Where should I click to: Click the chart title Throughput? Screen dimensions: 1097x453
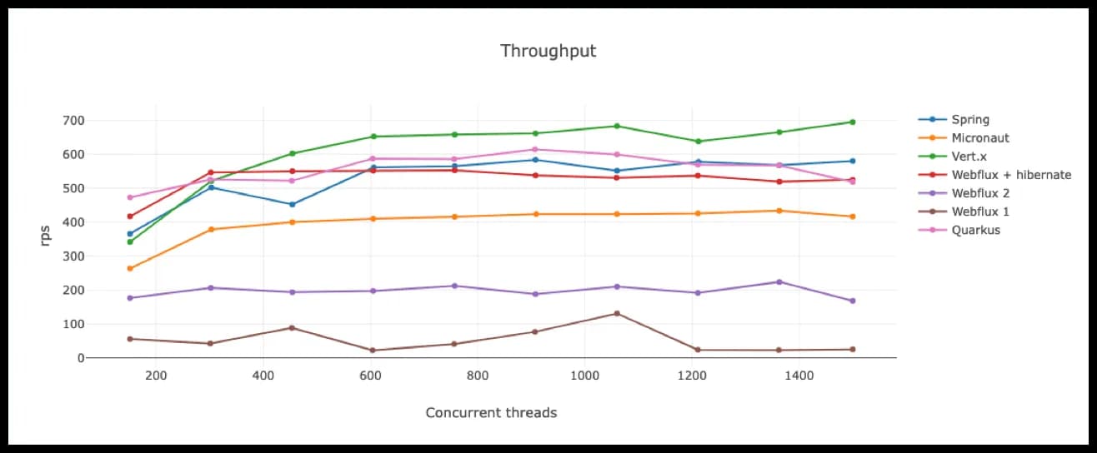coord(548,51)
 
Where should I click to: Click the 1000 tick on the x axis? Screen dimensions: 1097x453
coord(584,376)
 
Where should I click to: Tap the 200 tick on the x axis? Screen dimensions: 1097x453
coord(156,376)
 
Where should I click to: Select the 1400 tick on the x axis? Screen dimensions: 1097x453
coord(799,376)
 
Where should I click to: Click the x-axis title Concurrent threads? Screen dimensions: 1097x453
coord(491,413)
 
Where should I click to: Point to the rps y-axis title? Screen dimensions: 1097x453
coord(45,236)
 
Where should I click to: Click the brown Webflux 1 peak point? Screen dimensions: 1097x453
coord(617,314)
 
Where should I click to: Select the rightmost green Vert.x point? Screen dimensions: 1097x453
coord(853,122)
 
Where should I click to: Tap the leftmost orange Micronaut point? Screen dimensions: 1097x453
coord(130,269)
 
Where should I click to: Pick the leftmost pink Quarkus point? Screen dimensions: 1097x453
coord(130,197)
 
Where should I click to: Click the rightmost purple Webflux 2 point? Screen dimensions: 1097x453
coord(853,301)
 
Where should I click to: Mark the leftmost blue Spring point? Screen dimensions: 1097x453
coord(130,234)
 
